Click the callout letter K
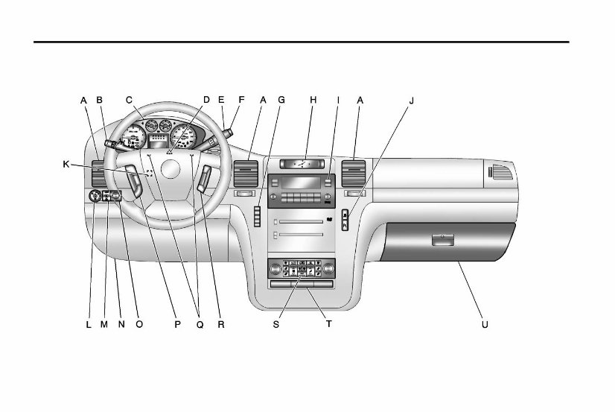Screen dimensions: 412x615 [66, 163]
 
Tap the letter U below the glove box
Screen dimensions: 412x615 [485, 325]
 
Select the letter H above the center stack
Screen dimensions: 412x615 [313, 99]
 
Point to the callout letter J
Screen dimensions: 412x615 [411, 99]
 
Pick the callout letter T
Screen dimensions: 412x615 [328, 325]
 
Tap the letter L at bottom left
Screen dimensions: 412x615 [88, 325]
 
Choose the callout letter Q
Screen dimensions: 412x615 [198, 325]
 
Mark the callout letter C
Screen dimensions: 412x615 [129, 99]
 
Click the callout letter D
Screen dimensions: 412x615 [206, 99]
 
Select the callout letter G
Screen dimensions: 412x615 [281, 99]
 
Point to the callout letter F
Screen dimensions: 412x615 [240, 99]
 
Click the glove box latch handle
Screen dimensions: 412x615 [441, 240]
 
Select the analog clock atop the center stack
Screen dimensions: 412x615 [302, 162]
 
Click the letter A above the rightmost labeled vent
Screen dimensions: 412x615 [360, 99]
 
